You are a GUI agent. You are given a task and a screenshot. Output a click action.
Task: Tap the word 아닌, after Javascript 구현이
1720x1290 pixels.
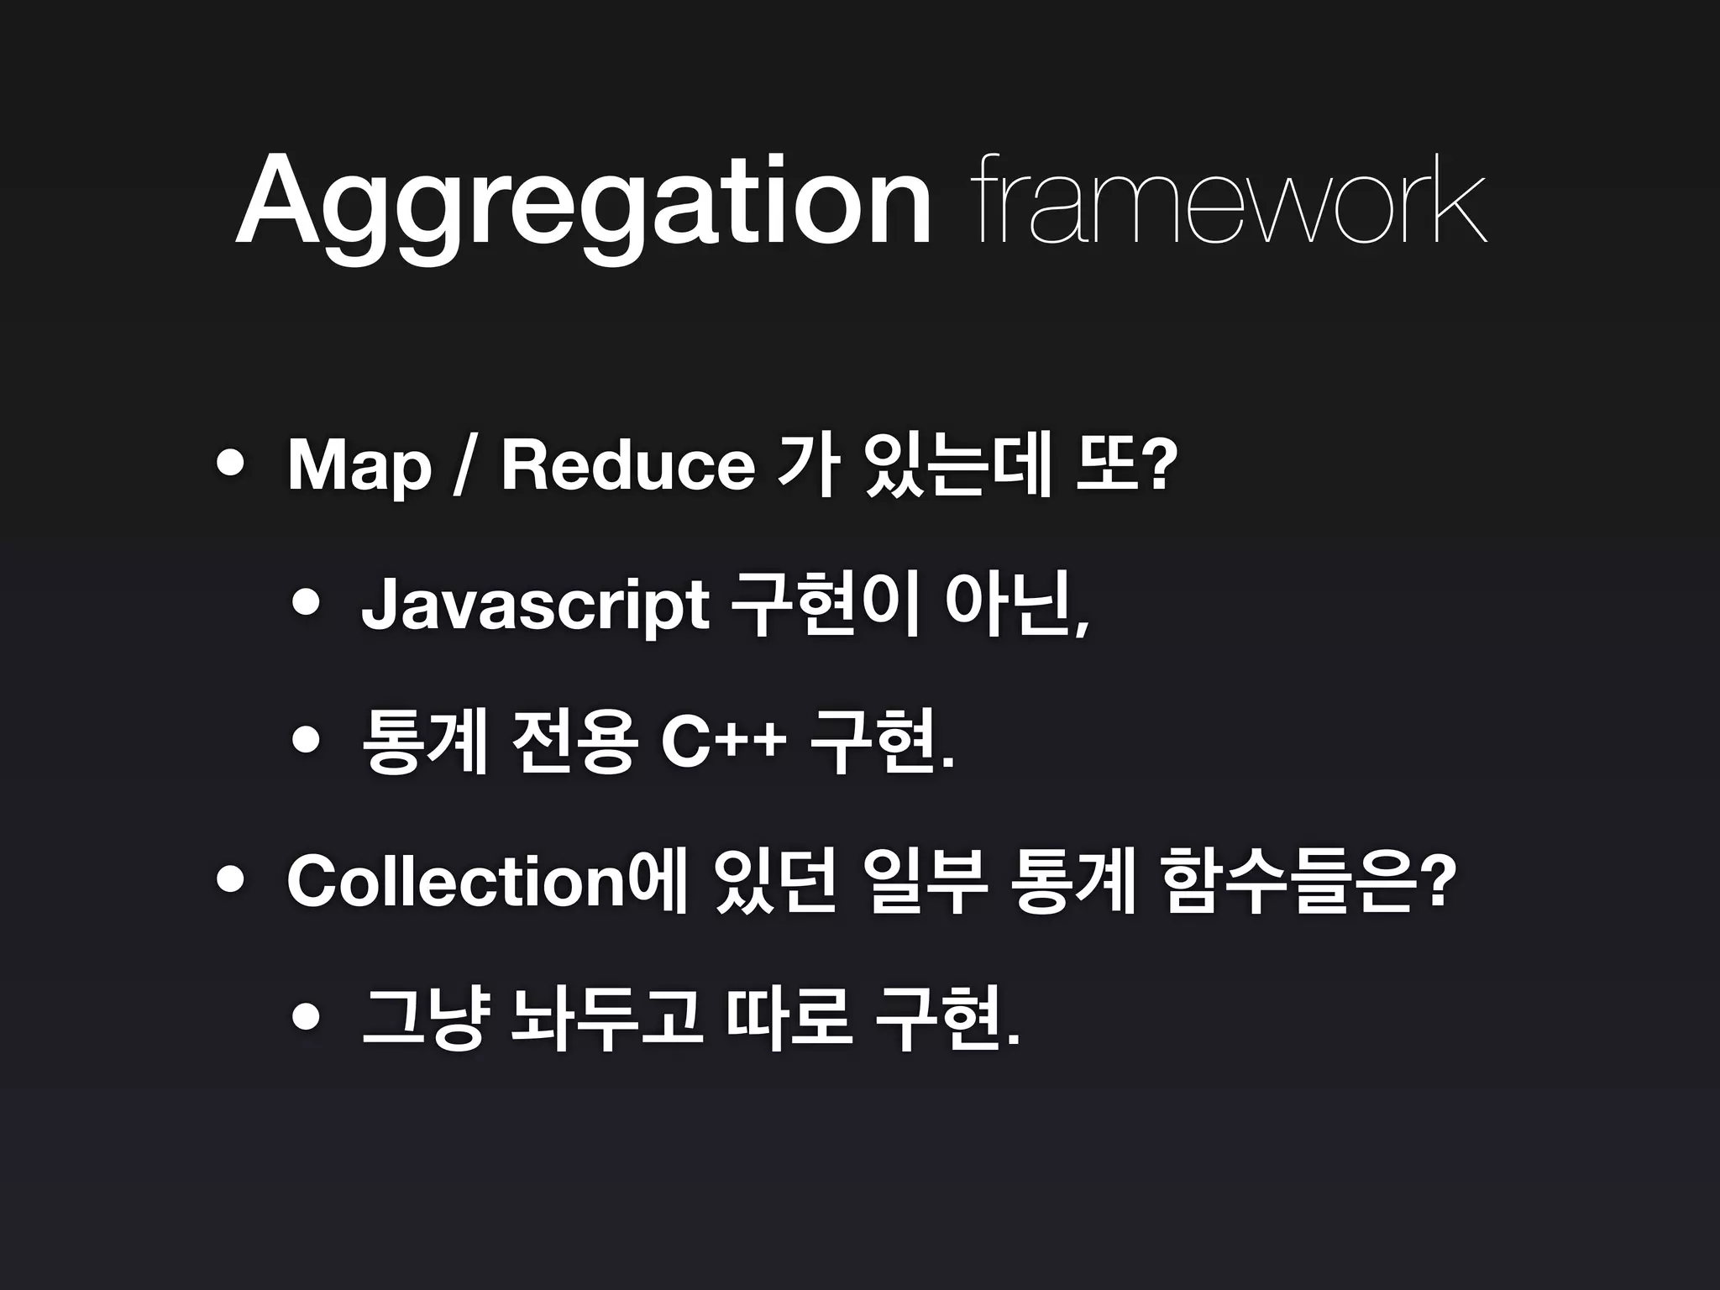[x=1017, y=605]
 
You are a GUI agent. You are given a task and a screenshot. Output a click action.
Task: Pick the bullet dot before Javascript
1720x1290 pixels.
[x=306, y=602]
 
